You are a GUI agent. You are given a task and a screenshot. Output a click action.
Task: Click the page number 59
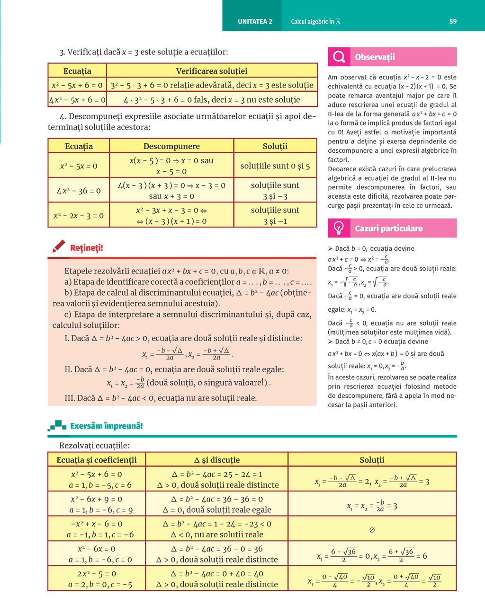453,21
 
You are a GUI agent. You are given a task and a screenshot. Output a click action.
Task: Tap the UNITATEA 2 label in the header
255,21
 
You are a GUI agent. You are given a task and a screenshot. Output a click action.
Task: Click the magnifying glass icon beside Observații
339,57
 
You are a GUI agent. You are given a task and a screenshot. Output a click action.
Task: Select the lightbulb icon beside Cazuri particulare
339,228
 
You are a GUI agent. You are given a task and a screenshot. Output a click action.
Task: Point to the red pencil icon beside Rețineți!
59,246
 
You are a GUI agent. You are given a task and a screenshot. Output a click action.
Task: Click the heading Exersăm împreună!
106,426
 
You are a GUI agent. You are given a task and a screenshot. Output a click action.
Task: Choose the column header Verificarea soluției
211,71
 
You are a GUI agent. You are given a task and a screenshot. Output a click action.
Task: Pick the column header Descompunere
171,146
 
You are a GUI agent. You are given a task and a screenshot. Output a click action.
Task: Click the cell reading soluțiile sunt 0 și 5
275,166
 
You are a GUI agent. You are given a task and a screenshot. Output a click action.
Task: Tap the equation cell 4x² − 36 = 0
79,191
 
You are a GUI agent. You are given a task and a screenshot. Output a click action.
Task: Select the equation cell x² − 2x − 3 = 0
79,216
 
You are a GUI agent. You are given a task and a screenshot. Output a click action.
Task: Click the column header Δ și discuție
217,460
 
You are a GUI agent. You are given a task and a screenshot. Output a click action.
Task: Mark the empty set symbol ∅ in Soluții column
372,530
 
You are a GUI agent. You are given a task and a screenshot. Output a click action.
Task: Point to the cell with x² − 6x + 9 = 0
97,504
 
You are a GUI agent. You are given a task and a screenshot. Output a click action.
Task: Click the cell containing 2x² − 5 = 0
97,579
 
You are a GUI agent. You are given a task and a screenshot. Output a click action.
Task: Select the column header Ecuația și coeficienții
97,460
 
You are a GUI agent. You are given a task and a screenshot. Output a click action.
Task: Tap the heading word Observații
375,57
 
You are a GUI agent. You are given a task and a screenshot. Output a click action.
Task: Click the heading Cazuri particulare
388,228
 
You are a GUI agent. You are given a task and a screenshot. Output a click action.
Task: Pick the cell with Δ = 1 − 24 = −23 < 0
217,524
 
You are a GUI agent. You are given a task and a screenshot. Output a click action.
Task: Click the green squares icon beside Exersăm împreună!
58,425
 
